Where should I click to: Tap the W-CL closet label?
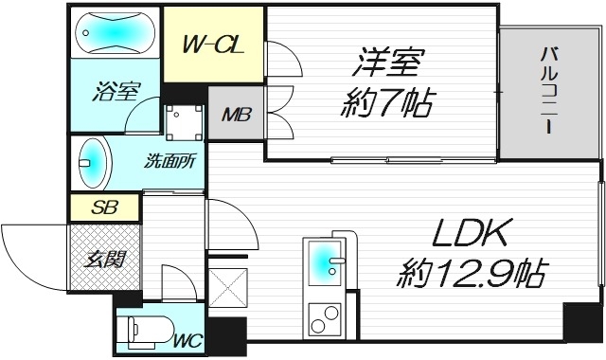[x=210, y=45]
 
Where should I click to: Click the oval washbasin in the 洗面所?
[x=93, y=163]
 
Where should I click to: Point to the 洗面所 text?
[x=170, y=161]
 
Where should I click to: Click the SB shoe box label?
[x=104, y=207]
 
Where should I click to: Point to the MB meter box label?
[x=234, y=116]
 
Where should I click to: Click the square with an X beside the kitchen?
[x=227, y=291]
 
